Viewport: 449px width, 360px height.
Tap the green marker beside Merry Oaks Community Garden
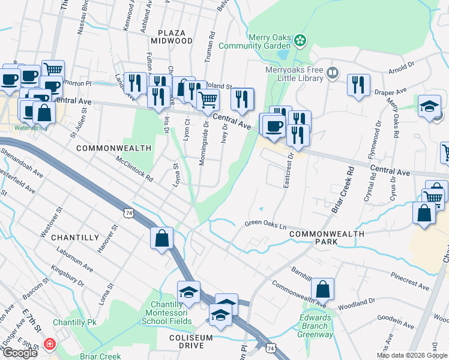coord(300,41)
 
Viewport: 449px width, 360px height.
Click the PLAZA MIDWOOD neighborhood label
coord(175,36)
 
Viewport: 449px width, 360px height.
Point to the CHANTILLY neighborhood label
coord(74,238)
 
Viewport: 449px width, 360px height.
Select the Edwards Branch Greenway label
coord(315,326)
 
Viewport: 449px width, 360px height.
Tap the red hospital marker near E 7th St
coord(49,346)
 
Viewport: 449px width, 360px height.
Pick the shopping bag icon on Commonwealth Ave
coord(323,290)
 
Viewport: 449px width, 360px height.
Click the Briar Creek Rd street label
coord(343,190)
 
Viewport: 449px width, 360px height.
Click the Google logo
coord(20,353)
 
